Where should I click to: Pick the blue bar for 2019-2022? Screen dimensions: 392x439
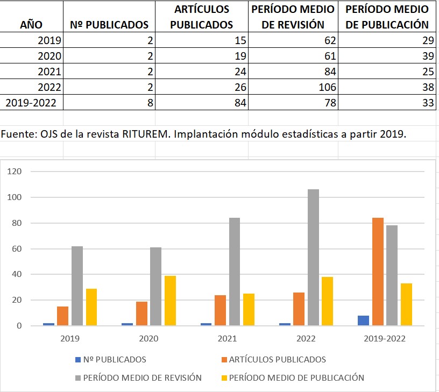click(364, 320)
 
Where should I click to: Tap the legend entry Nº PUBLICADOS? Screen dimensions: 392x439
click(111, 359)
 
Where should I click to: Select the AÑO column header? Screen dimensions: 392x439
click(31, 25)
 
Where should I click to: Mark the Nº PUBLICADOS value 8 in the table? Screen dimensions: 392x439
click(150, 102)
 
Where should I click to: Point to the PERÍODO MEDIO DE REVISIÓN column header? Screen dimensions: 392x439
click(292, 17)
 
